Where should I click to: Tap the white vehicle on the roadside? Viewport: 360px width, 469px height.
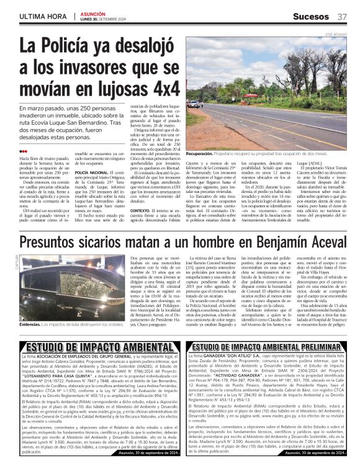pyautogui.click(x=195, y=104)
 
